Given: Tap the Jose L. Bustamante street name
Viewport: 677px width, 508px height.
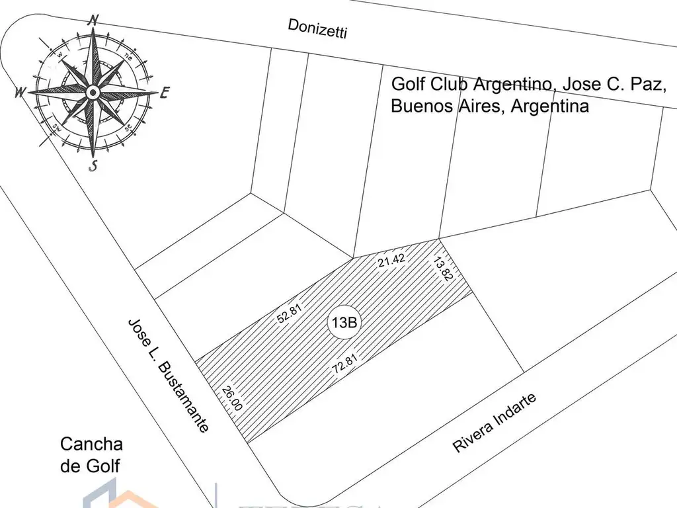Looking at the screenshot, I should click(169, 375).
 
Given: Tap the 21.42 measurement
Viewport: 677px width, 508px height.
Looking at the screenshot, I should click(391, 259).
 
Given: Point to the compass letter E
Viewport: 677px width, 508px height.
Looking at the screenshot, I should click(164, 93).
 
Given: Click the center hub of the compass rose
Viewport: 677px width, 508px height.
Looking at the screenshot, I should click(93, 91).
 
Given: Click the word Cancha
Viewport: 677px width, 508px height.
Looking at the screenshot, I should click(91, 444).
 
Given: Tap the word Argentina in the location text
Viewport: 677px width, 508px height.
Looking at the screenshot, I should click(549, 106).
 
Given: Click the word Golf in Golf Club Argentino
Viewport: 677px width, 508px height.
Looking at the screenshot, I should click(409, 85).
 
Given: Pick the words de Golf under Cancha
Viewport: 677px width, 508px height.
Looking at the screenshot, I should click(90, 466).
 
